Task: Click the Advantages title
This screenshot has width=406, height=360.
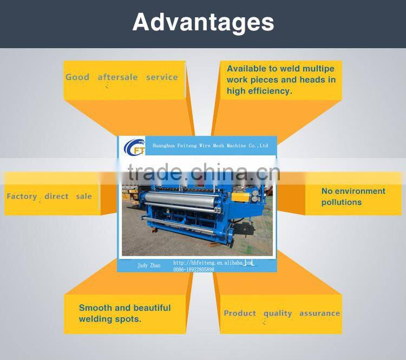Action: pyautogui.click(x=203, y=23)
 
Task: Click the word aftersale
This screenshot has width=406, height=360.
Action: pyautogui.click(x=117, y=77)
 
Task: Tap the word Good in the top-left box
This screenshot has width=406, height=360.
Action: pyautogui.click(x=77, y=77)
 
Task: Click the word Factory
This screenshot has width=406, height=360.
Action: pyautogui.click(x=22, y=197)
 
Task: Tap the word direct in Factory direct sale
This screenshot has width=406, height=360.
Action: pyautogui.click(x=56, y=196)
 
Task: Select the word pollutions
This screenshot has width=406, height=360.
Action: pyautogui.click(x=341, y=202)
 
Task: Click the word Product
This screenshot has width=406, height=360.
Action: pyautogui.click(x=240, y=313)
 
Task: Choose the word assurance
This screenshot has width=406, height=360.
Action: pyautogui.click(x=319, y=313)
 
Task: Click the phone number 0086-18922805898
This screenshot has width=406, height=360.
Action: pyautogui.click(x=193, y=269)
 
